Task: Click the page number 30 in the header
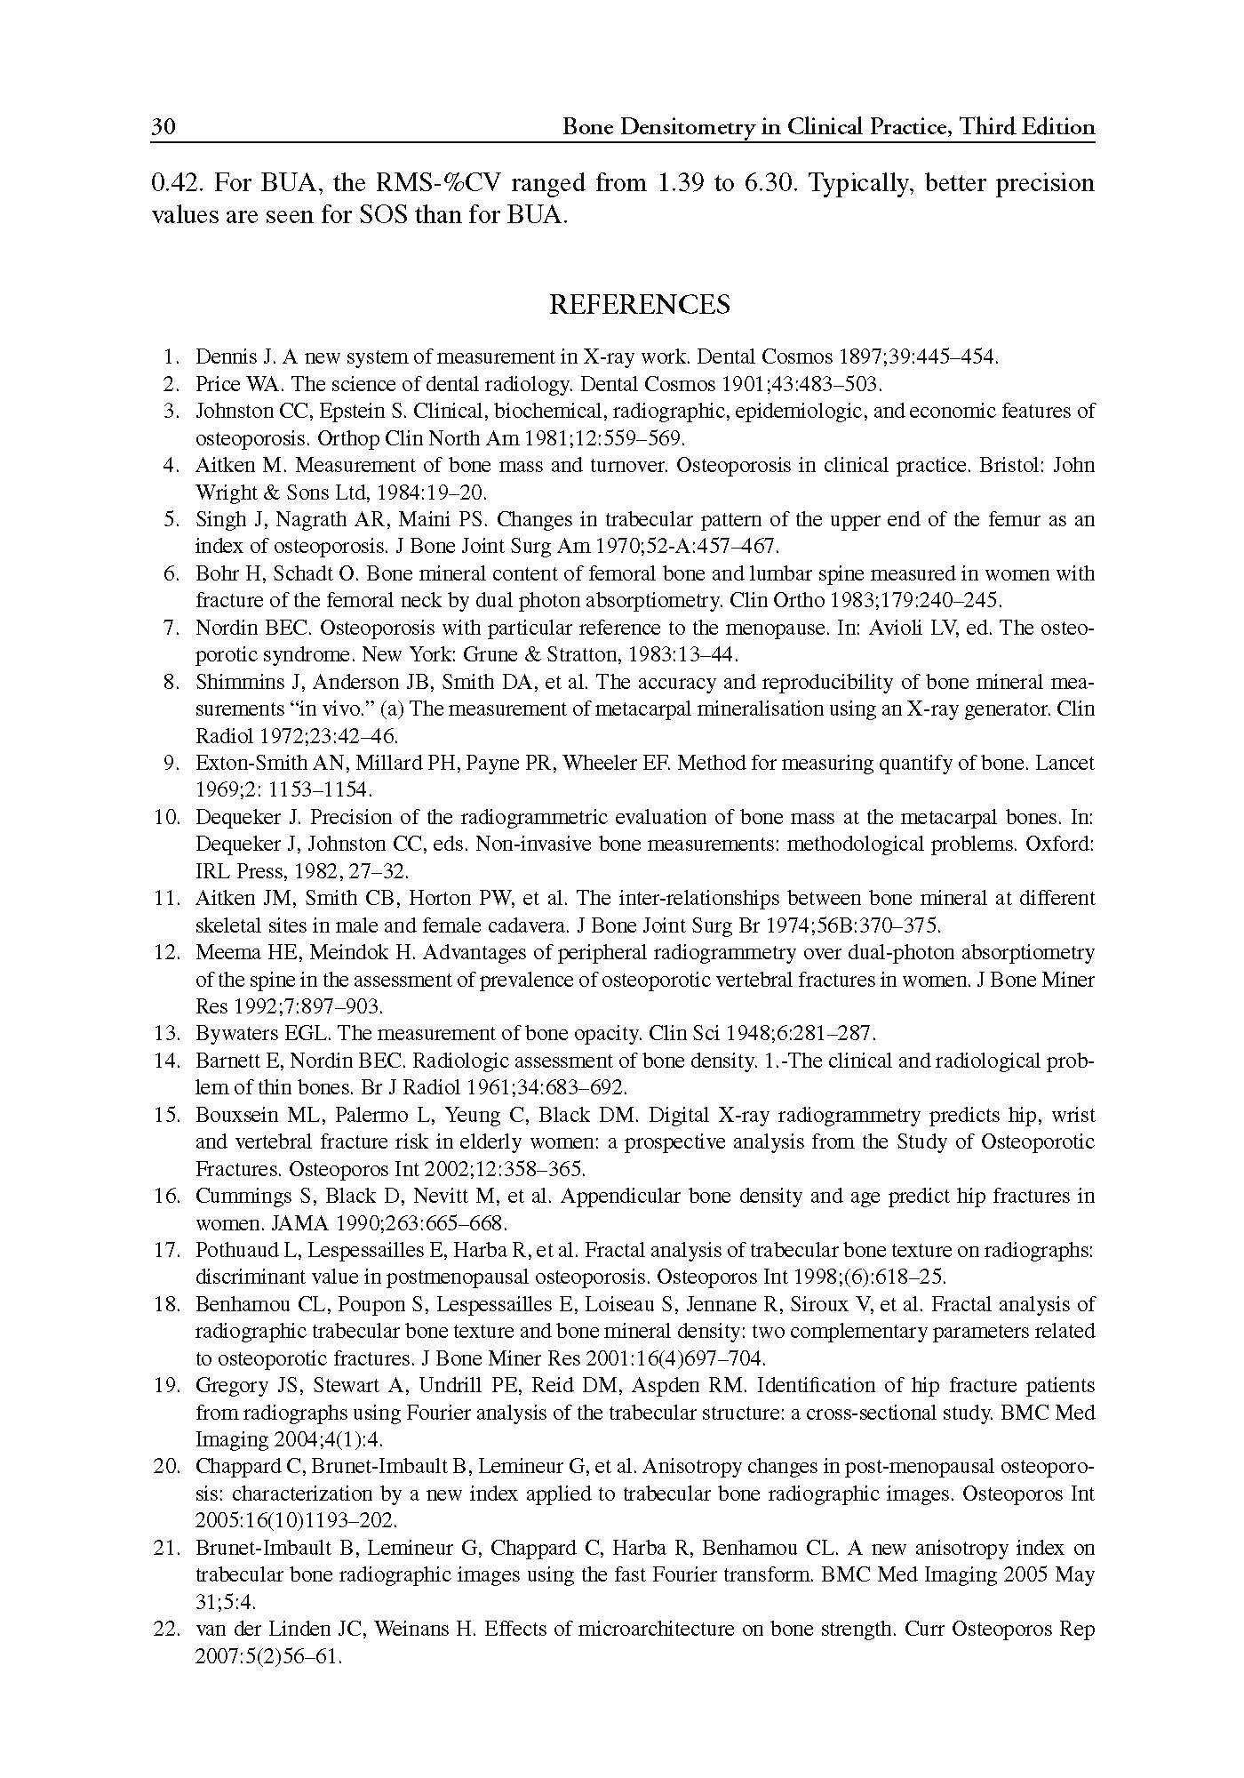[163, 128]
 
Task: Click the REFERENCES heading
[639, 305]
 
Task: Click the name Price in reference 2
[216, 385]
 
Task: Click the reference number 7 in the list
[172, 629]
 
